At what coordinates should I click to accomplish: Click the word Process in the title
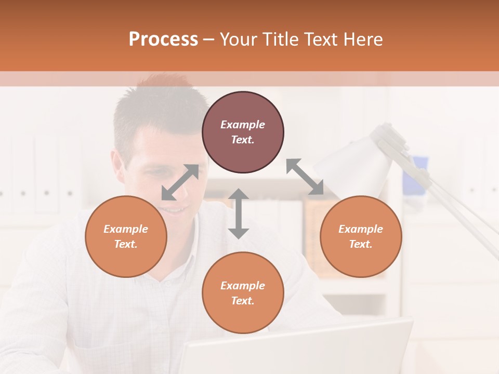[163, 39]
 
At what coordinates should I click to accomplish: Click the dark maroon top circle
[243, 132]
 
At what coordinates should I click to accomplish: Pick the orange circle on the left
[126, 236]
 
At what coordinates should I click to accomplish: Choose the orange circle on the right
[361, 236]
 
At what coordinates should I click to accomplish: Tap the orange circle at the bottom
[243, 292]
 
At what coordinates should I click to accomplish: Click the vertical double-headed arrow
[239, 213]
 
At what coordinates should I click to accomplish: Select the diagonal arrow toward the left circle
[180, 182]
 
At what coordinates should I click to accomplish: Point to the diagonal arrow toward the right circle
[305, 177]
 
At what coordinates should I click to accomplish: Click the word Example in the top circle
[243, 125]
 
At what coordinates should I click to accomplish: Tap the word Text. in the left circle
[126, 244]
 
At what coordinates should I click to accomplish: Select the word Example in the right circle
[361, 229]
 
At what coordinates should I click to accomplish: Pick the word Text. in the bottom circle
[243, 301]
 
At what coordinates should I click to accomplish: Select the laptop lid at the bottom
[296, 348]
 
